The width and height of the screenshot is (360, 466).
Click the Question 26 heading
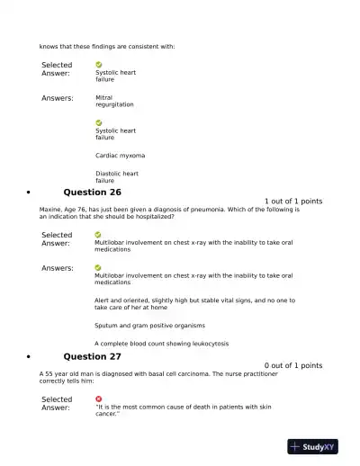92,193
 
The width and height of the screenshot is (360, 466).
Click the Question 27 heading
92,356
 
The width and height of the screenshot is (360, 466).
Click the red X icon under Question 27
98,399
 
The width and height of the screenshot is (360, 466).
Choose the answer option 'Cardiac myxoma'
120,156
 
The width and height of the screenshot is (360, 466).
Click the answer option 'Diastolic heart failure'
117,176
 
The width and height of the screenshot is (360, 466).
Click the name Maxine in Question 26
50,210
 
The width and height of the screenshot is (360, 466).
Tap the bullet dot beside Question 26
30,193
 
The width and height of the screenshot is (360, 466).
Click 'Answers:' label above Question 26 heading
58,98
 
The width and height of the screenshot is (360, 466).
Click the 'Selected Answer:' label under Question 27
57,403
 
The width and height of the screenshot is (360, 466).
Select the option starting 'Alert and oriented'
194,303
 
